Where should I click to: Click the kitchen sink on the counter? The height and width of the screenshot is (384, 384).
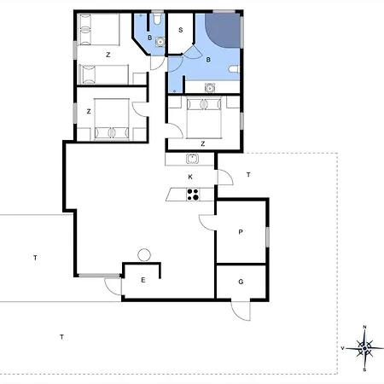pos(192,159)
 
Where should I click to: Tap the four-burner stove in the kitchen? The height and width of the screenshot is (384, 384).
pos(193,195)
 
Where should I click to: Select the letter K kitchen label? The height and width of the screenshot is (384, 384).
pos(190,177)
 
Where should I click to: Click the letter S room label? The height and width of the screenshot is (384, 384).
pos(181,30)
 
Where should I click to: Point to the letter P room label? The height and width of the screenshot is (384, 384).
pos(241,232)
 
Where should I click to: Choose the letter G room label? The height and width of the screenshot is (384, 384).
pos(241,282)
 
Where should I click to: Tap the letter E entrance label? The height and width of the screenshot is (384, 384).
pos(143,280)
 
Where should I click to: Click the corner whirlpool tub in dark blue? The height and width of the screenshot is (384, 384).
pos(223,30)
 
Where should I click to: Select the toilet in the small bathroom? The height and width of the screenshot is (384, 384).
pos(157,19)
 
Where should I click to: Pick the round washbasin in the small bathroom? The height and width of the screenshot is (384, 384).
pos(160,42)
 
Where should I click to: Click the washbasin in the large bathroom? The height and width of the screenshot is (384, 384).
pos(210,88)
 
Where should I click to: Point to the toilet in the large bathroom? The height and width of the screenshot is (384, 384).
pos(234,69)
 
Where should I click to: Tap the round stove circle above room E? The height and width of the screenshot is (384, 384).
pos(144,254)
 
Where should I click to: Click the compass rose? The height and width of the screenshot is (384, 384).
pos(364,348)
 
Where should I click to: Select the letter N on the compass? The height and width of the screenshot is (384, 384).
pos(364,327)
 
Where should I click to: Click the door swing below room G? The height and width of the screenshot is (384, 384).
pos(241,311)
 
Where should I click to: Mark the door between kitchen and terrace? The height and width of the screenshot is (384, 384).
pos(225,177)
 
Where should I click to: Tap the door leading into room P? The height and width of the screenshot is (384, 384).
pos(207,223)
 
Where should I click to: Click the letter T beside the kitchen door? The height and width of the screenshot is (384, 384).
pos(248,175)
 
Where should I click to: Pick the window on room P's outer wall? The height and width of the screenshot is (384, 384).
pos(268,237)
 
